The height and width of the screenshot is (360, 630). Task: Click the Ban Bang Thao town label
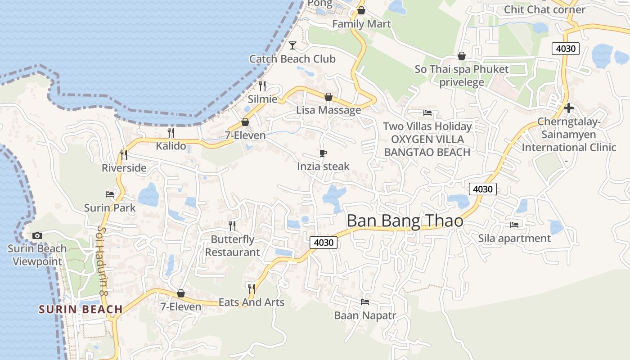[405, 221]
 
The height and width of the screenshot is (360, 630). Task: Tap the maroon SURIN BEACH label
[81, 309]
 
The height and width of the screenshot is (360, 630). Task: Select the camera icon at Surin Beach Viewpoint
[37, 235]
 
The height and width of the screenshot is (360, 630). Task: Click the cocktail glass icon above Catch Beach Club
[292, 45]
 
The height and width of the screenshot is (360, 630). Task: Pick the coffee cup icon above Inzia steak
[323, 153]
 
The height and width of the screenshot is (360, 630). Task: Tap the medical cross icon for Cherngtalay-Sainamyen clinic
[568, 108]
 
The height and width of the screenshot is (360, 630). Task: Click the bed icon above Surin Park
[110, 194]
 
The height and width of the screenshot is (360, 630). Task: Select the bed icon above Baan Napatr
[365, 302]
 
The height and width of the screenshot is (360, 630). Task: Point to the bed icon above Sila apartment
[514, 225]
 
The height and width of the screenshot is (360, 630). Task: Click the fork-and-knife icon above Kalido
[171, 132]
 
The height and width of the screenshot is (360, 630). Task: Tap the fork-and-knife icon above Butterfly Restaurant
[232, 225]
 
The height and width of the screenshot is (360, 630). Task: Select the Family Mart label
[361, 23]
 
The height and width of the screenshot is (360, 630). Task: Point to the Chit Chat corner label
[544, 9]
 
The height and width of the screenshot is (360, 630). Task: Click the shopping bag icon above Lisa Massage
[328, 97]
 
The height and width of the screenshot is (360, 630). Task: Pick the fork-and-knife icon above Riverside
[124, 155]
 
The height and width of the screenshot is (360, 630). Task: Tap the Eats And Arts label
[252, 302]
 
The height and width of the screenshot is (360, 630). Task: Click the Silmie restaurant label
[263, 99]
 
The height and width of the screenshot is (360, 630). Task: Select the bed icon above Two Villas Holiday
[427, 113]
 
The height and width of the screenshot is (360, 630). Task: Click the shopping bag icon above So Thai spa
[461, 56]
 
